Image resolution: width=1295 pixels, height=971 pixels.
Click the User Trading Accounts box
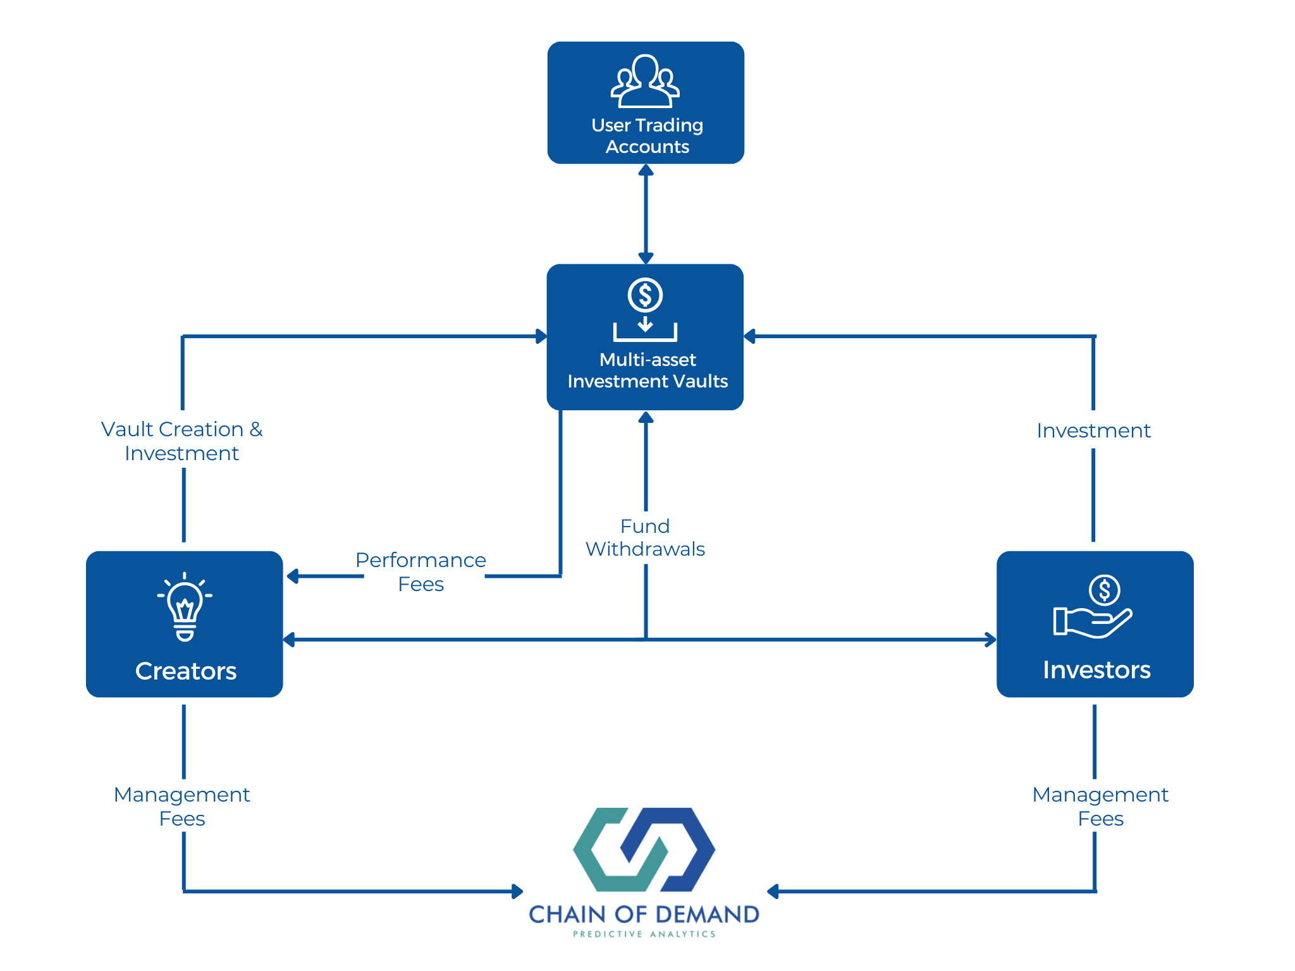646,103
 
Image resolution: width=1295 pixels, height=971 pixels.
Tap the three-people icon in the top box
645,82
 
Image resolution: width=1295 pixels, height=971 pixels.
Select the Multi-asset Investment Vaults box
645,337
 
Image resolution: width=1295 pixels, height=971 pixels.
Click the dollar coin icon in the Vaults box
645,295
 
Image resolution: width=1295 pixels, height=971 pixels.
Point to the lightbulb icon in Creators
185,607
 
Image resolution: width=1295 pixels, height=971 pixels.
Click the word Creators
186,671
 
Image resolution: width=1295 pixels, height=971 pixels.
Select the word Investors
1096,670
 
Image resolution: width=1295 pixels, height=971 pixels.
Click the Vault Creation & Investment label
182,441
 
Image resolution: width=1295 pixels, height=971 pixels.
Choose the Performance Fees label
421,572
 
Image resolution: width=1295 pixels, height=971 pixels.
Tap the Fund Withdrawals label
645,537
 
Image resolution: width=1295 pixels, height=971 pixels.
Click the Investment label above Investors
1093,431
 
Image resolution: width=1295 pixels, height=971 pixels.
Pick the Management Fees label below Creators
182,806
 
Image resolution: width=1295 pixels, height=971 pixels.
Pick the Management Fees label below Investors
1100,806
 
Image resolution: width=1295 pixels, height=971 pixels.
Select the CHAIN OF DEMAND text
644,914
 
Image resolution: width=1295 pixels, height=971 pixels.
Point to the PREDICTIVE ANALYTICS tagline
644,934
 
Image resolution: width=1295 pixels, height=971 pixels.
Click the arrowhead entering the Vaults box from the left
541,336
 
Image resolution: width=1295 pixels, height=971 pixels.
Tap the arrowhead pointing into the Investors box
990,640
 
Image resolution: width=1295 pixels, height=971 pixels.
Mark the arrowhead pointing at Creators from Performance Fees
293,576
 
